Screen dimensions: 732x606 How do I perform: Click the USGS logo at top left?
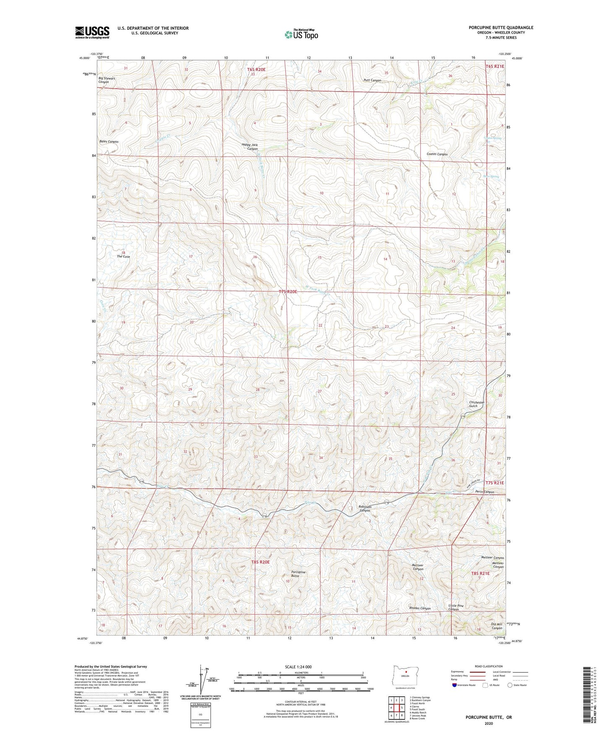point(92,32)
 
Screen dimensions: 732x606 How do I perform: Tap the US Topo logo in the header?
point(301,34)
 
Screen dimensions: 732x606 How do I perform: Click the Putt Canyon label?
point(372,80)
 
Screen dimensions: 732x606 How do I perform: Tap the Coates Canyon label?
point(437,154)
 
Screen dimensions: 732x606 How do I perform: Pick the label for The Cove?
point(123,257)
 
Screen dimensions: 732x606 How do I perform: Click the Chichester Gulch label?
point(476,404)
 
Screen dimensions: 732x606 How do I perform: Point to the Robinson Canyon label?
point(365,509)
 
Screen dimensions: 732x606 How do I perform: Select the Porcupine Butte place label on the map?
point(298,574)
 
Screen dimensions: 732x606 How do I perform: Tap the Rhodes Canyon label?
point(420,608)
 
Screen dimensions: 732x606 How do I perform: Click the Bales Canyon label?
point(109,142)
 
